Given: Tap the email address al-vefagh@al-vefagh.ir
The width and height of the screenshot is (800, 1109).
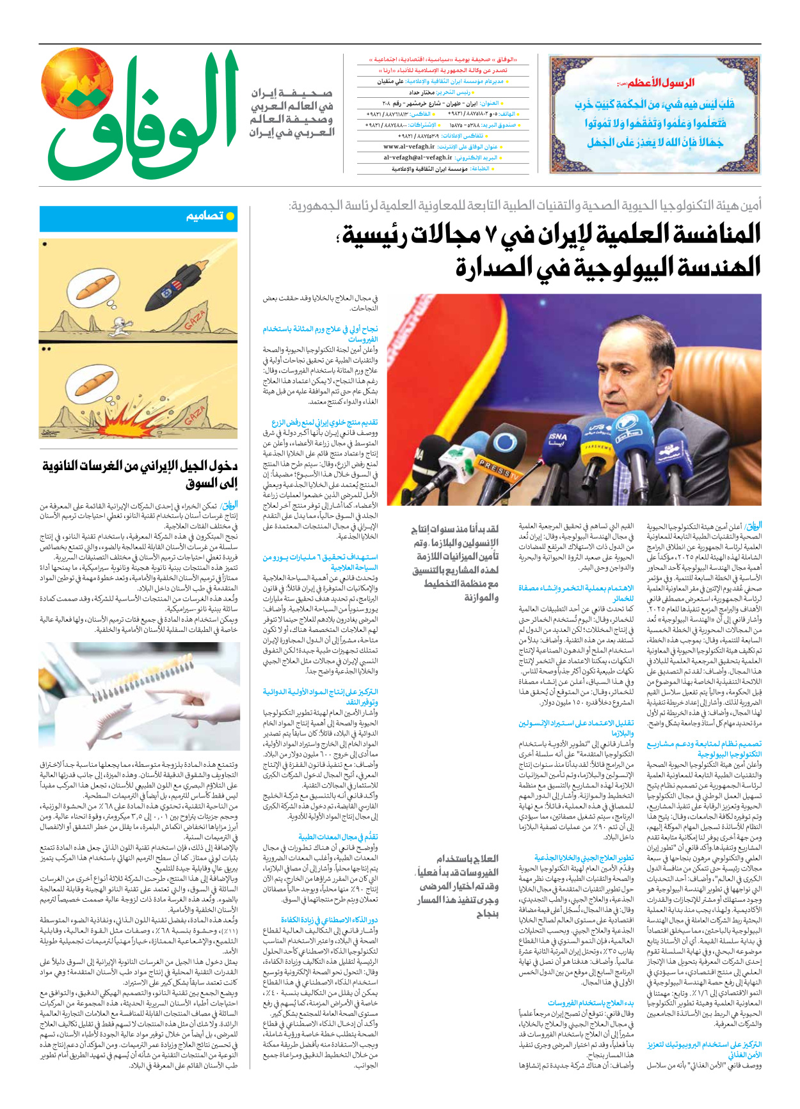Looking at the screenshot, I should [x=418, y=157].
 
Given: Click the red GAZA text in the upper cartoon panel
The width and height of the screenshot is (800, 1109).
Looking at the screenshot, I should [x=196, y=321].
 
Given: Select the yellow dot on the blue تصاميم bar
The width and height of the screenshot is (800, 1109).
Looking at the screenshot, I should [x=230, y=216].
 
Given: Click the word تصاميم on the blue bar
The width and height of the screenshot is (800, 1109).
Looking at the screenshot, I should [x=205, y=216].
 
